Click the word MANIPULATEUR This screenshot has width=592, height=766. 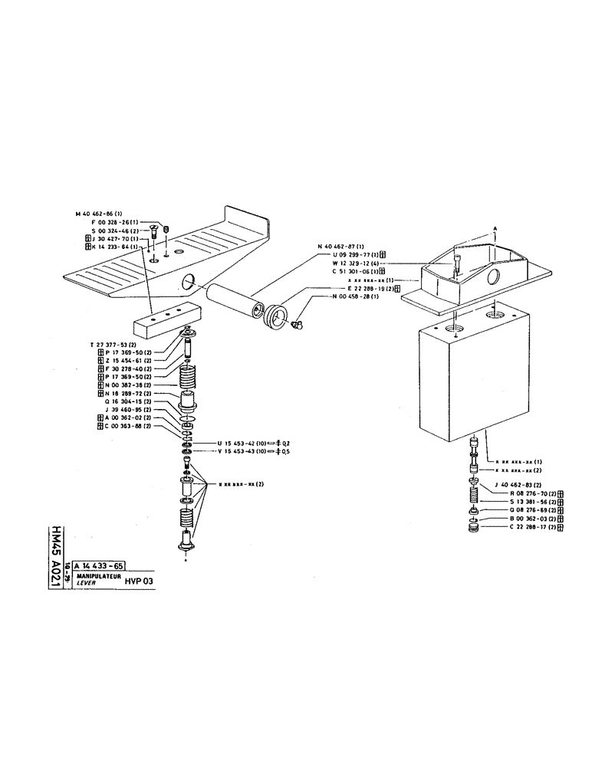[94, 574]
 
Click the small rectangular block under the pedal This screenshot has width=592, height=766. [166, 321]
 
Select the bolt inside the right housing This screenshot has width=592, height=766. [458, 264]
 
